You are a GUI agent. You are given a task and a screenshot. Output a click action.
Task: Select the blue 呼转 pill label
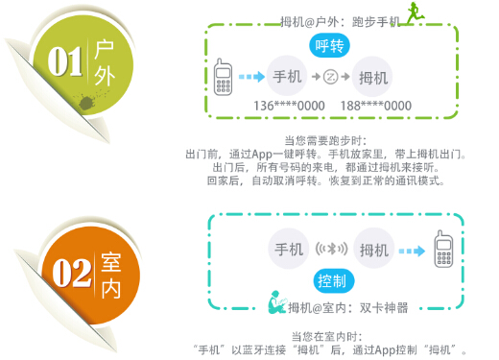[330, 45]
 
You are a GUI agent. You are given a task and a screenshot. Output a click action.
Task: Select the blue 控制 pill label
[331, 280]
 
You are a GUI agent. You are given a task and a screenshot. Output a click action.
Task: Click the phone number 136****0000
[285, 105]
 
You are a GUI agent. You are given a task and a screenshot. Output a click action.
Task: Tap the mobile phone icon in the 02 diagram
[443, 252]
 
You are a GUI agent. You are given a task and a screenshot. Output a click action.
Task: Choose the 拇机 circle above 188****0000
[372, 77]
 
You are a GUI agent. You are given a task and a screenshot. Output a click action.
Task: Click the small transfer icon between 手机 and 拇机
[330, 77]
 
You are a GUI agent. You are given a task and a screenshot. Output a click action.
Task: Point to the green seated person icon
[275, 307]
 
